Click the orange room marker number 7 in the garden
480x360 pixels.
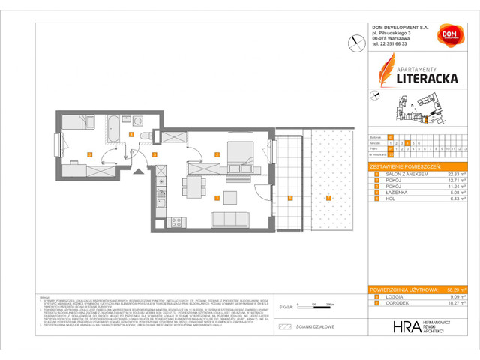[328, 198]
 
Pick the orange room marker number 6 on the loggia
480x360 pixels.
[289, 198]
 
